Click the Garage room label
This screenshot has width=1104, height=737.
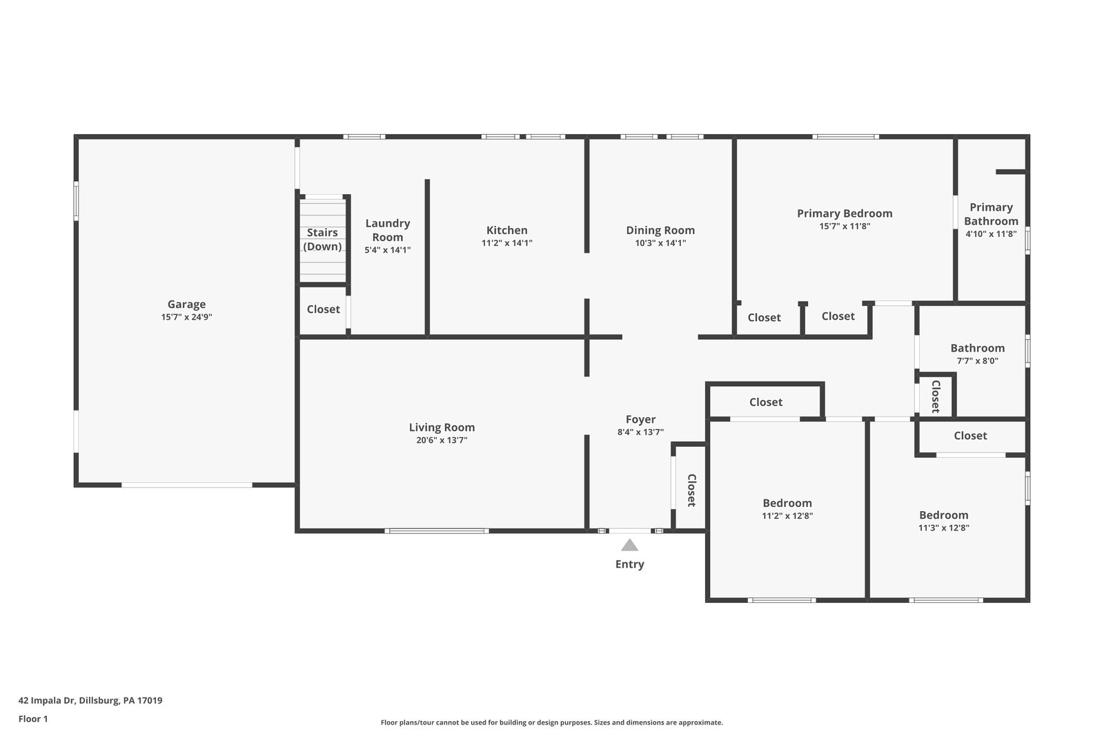tap(186, 305)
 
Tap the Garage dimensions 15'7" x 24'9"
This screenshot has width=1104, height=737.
tap(186, 317)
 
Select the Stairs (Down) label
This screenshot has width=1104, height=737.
tap(322, 239)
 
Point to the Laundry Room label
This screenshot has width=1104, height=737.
tap(387, 230)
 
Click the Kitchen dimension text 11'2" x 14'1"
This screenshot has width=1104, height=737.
tap(506, 242)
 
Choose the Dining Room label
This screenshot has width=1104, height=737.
tap(660, 230)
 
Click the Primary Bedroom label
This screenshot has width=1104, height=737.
tap(845, 213)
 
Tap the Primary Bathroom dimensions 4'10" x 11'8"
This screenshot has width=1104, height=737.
tap(991, 234)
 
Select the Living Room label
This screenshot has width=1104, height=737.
tap(442, 427)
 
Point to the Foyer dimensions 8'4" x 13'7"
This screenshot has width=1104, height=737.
tap(640, 432)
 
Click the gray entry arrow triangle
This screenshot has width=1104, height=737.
tap(629, 545)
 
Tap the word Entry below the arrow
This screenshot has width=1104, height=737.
tap(629, 564)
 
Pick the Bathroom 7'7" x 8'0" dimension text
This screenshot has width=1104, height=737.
tap(977, 361)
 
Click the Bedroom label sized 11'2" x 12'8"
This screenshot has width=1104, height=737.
tap(787, 503)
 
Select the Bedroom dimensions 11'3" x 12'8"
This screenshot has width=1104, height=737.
tap(943, 528)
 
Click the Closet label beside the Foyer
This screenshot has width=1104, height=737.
tap(691, 490)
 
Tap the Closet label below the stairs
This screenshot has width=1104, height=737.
tap(324, 309)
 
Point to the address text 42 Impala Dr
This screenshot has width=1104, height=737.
tap(47, 700)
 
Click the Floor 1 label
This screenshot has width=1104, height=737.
tap(33, 719)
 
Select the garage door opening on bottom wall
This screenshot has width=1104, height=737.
tap(187, 486)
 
